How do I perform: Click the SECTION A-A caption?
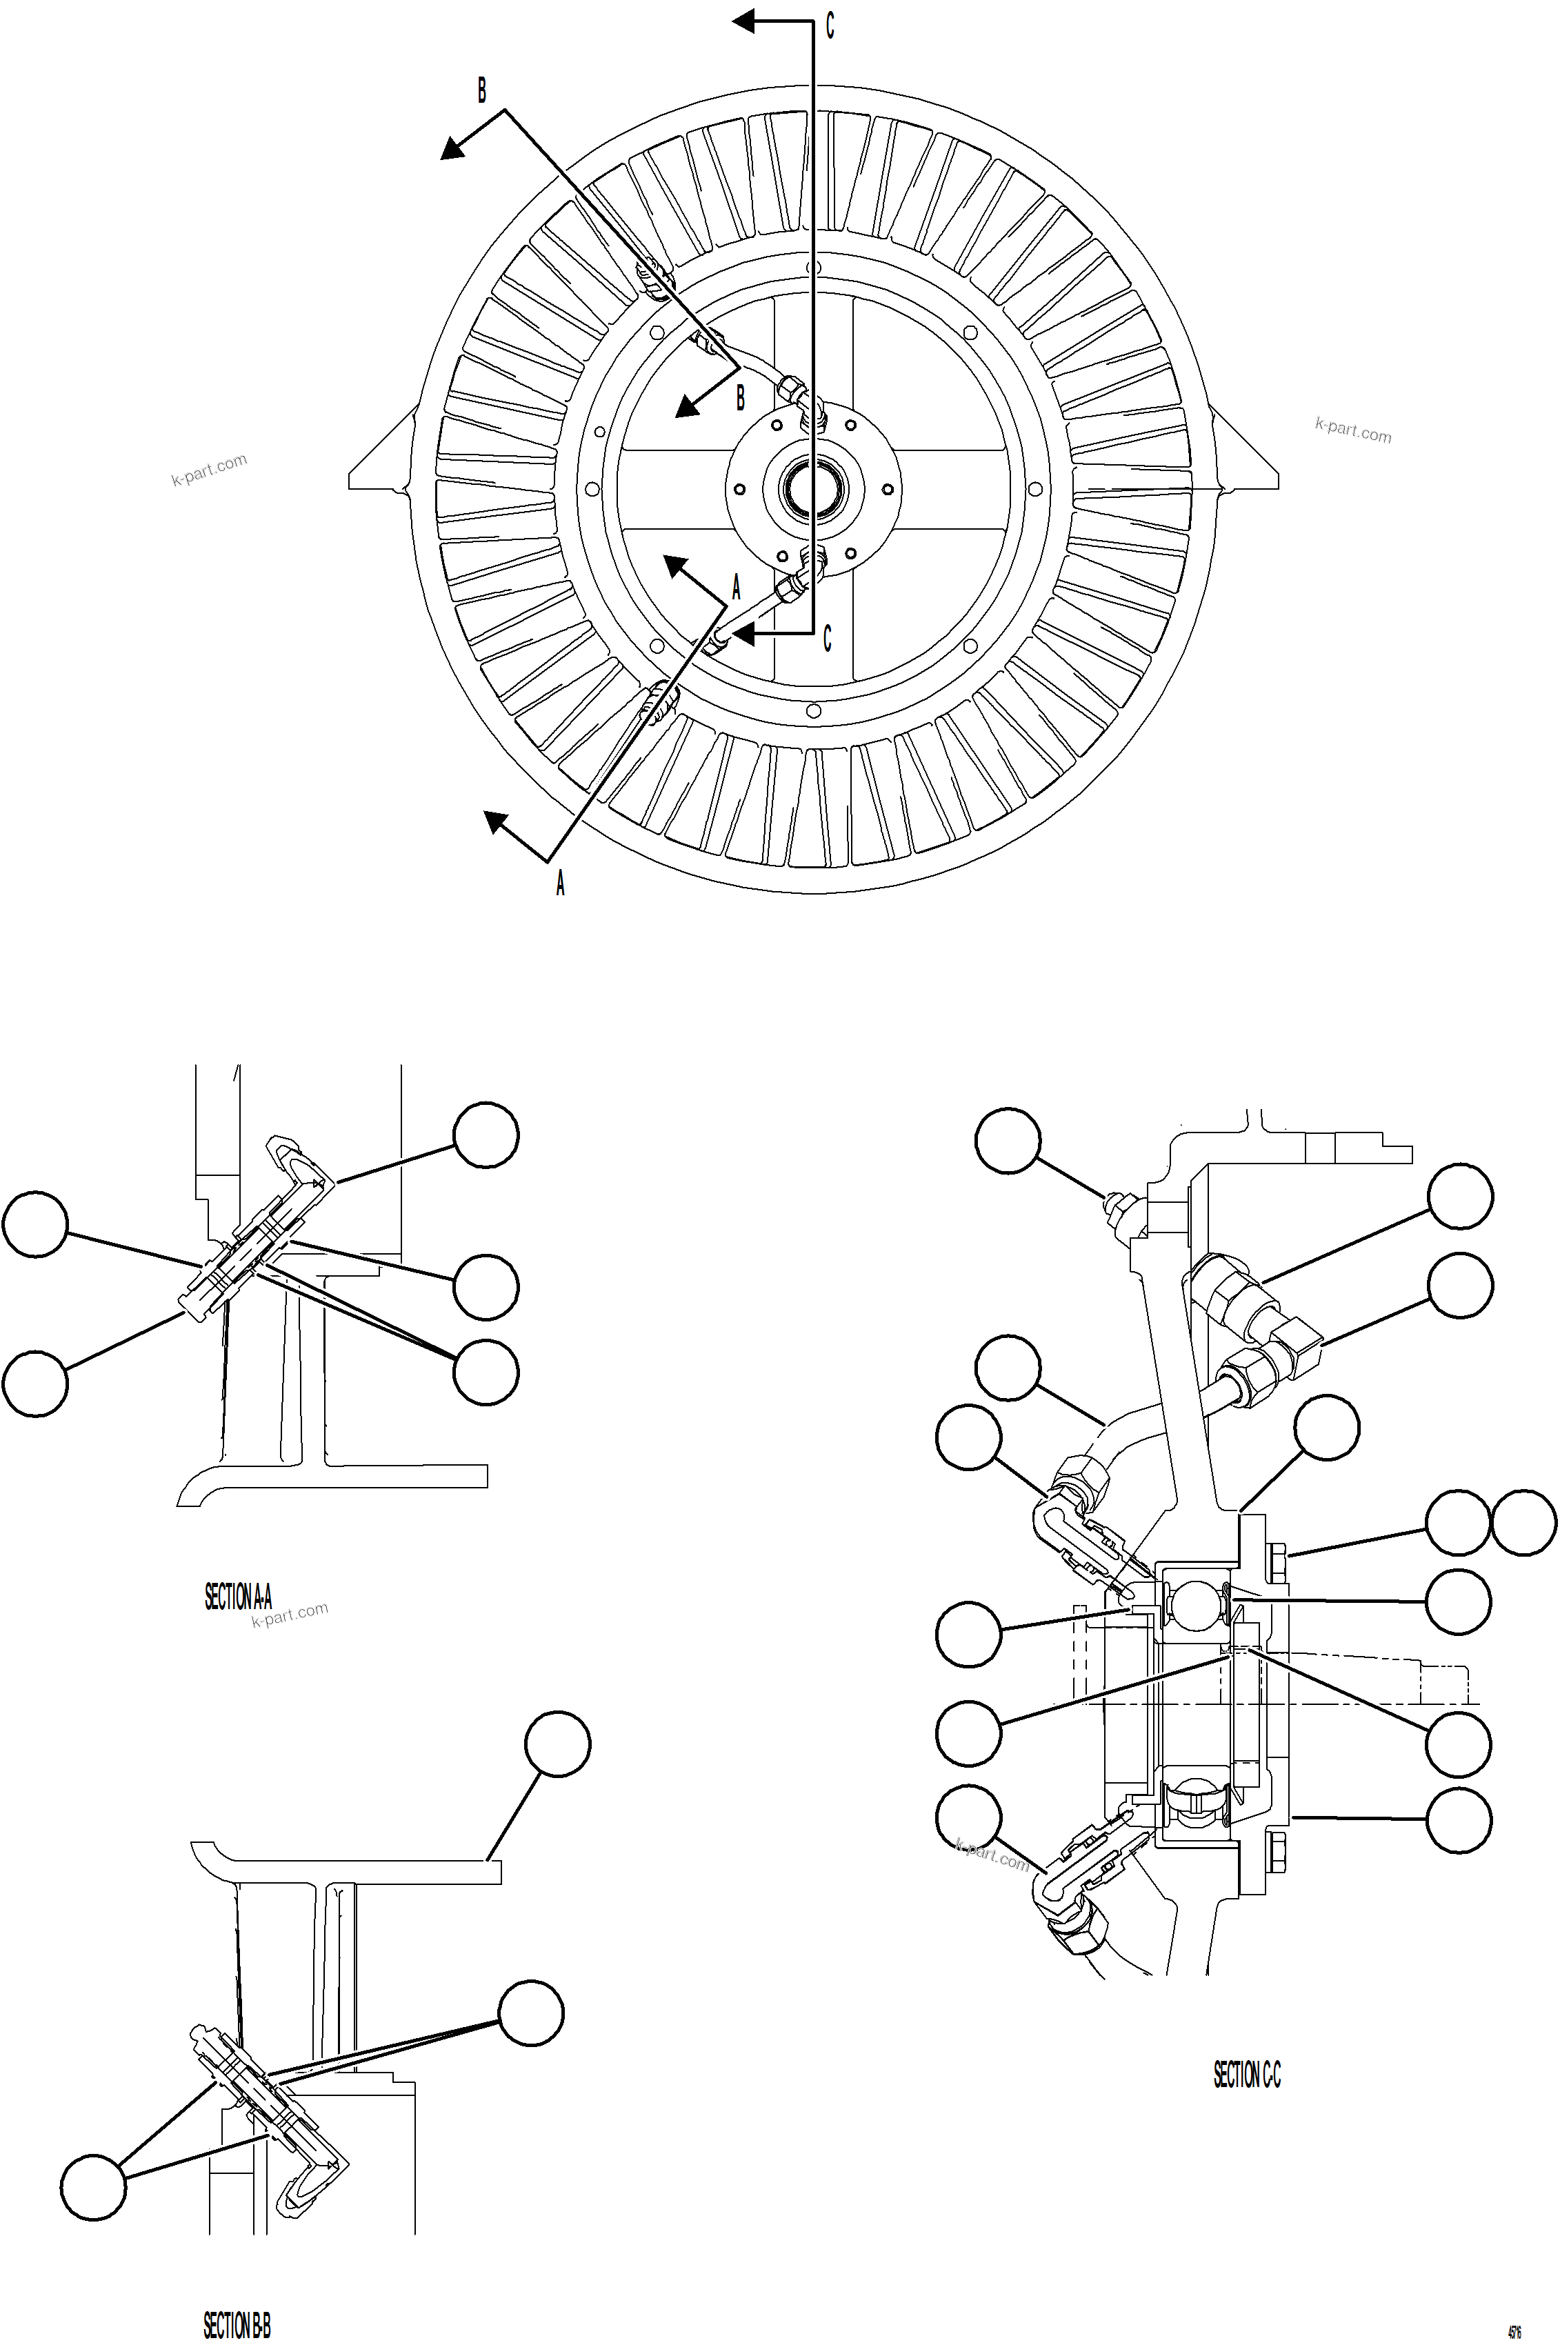(238, 1597)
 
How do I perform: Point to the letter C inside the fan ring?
(827, 639)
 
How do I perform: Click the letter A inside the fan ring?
(737, 587)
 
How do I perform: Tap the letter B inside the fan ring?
(740, 399)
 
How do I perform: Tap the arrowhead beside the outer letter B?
(454, 149)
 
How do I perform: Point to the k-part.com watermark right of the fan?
(1353, 430)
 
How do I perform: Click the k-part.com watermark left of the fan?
(209, 470)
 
